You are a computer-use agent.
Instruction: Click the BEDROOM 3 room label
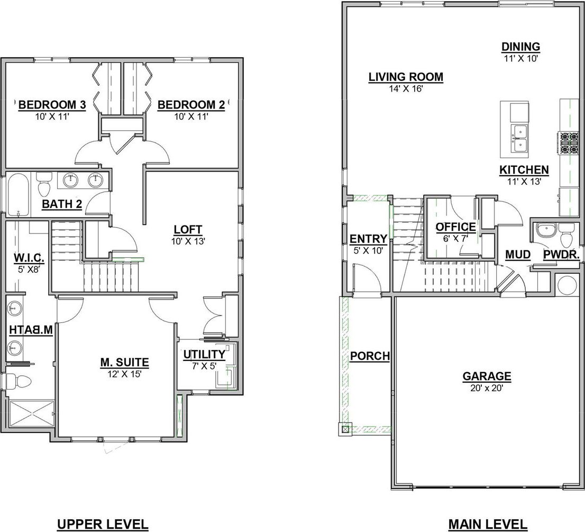(52, 105)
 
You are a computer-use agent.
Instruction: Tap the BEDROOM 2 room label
(191, 105)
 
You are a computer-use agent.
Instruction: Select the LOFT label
(188, 229)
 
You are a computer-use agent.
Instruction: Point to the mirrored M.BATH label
(31, 330)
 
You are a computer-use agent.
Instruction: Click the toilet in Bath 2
(44, 184)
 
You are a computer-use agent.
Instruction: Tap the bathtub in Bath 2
(17, 195)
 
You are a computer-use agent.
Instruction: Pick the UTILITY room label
(205, 354)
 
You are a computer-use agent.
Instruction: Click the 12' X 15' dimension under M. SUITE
(124, 374)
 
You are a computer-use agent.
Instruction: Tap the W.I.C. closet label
(29, 258)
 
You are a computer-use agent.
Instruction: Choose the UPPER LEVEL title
(103, 525)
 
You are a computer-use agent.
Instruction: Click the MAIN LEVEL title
(488, 525)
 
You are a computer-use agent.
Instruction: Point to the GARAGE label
(487, 376)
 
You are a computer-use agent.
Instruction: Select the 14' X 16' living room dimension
(406, 89)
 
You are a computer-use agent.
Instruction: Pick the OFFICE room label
(455, 227)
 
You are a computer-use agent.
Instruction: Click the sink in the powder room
(545, 230)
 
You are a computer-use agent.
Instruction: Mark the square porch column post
(345, 430)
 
